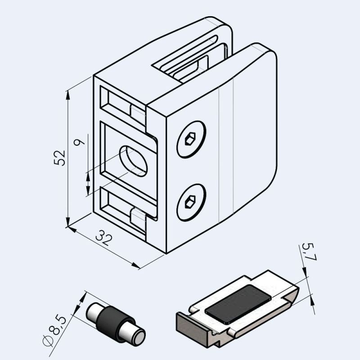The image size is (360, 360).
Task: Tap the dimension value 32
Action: tap(104, 238)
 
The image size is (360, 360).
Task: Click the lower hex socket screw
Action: tap(191, 202)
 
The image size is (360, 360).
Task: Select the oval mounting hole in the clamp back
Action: tap(133, 161)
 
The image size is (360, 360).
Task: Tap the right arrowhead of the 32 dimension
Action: tap(137, 266)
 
